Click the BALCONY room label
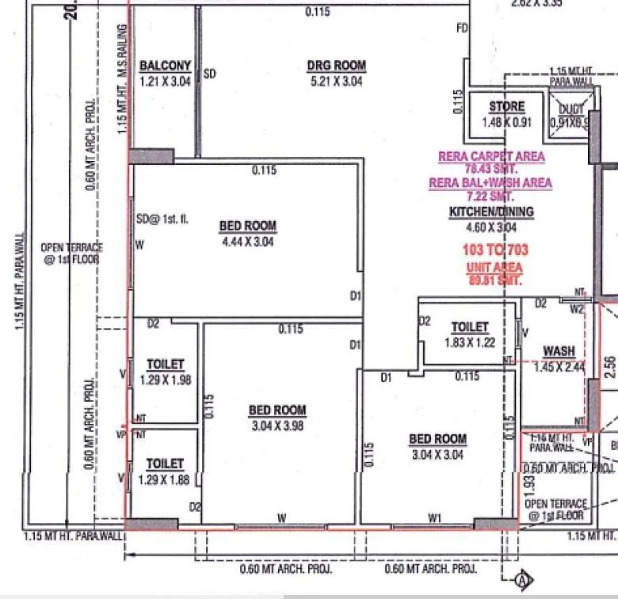click(x=165, y=66)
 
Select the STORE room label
click(x=506, y=106)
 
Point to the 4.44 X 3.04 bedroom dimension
click(x=247, y=242)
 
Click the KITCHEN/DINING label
click(x=491, y=212)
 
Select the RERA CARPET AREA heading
click(x=491, y=156)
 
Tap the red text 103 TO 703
click(x=494, y=250)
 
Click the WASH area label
click(x=559, y=352)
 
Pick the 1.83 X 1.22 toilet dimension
click(x=470, y=342)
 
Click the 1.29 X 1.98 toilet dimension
click(x=165, y=380)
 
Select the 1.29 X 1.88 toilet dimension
click(x=165, y=479)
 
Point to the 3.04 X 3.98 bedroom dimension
click(x=277, y=425)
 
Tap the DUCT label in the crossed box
click(x=570, y=109)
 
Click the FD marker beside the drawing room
click(x=463, y=29)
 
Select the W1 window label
click(x=434, y=517)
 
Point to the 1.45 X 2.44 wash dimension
click(x=559, y=367)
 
